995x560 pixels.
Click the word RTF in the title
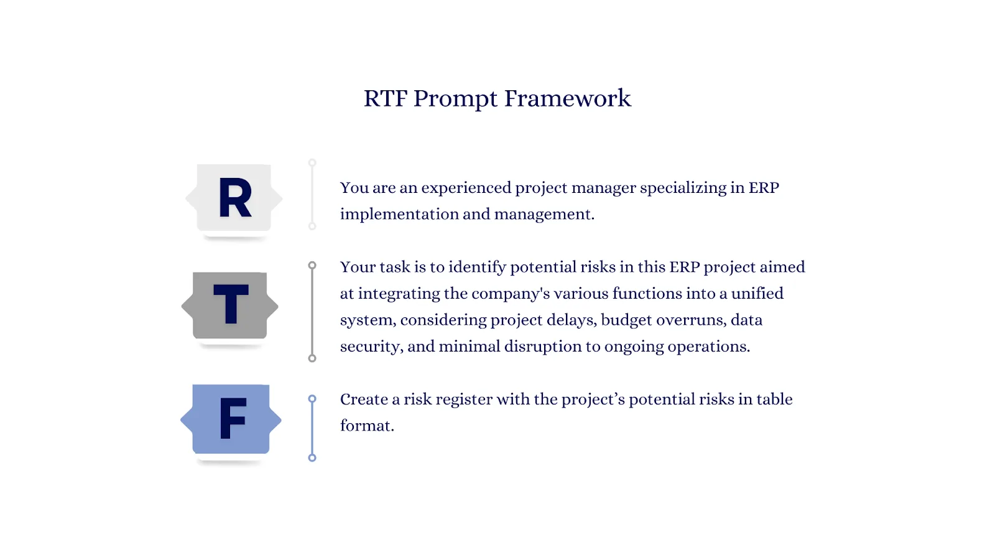(x=386, y=98)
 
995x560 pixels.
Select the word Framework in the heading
(x=567, y=98)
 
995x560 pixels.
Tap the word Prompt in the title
(x=455, y=100)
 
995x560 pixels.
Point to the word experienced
(x=466, y=189)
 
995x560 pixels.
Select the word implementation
(x=399, y=215)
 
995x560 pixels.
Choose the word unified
(x=757, y=293)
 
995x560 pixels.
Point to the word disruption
(x=543, y=346)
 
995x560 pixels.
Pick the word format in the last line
(x=367, y=426)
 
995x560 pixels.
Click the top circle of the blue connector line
(x=312, y=399)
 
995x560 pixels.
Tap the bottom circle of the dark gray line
(x=312, y=358)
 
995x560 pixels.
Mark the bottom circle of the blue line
(x=312, y=458)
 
